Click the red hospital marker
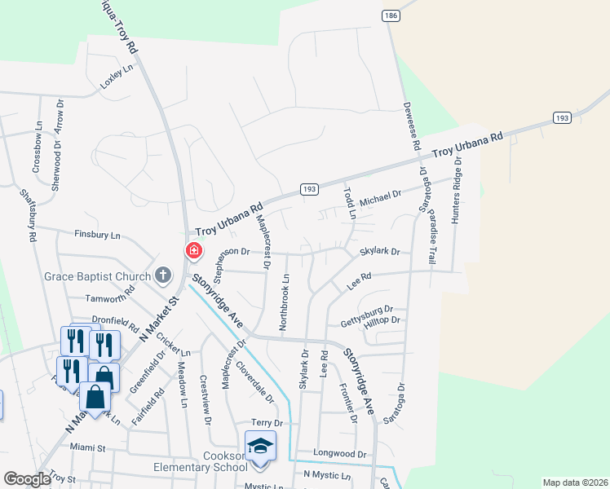pyautogui.click(x=194, y=250)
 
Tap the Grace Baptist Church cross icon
pyautogui.click(x=163, y=275)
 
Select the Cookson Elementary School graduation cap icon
pyautogui.click(x=260, y=446)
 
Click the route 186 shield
pyautogui.click(x=390, y=15)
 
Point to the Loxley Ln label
pyautogui.click(x=116, y=77)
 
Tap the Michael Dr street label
pyautogui.click(x=382, y=195)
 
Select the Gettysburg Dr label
pyautogui.click(x=367, y=311)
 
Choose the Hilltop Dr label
pyautogui.click(x=382, y=320)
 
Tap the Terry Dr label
pyautogui.click(x=267, y=423)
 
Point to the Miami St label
pyautogui.click(x=88, y=447)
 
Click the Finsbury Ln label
pyautogui.click(x=97, y=235)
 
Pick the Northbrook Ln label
pyautogui.click(x=285, y=301)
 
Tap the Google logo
pyautogui.click(x=27, y=479)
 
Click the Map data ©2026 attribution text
pyautogui.click(x=574, y=482)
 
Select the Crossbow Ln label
pyautogui.click(x=38, y=147)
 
